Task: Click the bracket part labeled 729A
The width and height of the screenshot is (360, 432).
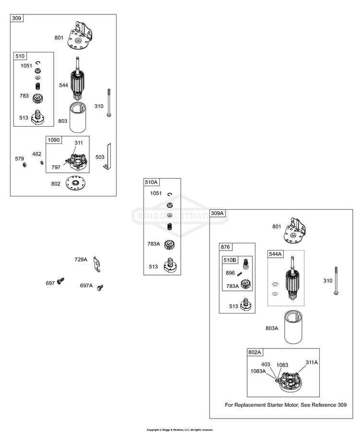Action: coord(97,264)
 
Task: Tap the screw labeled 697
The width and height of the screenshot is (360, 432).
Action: coord(60,281)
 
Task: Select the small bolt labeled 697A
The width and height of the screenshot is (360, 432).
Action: coord(100,288)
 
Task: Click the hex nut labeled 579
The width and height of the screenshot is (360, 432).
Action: coord(24,165)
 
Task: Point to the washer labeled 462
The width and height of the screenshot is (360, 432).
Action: coord(42,163)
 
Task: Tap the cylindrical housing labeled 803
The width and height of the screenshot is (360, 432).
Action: coord(79,117)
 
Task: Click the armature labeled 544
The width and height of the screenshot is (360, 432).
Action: coord(79,79)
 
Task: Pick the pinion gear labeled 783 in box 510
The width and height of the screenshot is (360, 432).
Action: coord(38,98)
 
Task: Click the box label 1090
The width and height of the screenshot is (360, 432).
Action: coord(54,140)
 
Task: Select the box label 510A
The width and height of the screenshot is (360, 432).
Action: coord(151,182)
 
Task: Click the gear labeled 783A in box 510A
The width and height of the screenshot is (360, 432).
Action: coord(169,245)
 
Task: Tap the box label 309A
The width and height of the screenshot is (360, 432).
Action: coord(217,213)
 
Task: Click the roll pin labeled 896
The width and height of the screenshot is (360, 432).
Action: coord(240,274)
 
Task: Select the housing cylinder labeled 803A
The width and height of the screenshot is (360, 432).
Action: coord(294,327)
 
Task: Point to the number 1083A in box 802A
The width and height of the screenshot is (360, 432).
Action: coord(258,371)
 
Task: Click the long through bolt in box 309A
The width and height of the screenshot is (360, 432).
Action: coord(336,281)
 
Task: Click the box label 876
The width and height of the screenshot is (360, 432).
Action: coord(225,247)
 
